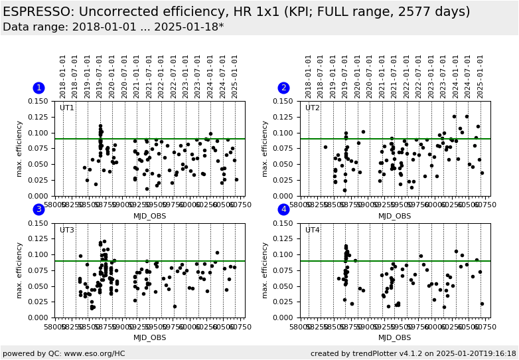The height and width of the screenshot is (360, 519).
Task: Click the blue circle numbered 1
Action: click(38, 88)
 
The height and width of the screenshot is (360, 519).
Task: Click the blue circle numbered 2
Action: click(283, 88)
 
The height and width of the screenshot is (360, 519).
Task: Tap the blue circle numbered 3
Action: click(38, 209)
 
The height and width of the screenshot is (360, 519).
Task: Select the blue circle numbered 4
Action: click(283, 209)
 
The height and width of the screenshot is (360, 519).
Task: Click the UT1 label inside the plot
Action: click(67, 108)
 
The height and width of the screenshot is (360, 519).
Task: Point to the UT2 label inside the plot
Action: click(312, 108)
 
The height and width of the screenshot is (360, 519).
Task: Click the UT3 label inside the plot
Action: click(67, 230)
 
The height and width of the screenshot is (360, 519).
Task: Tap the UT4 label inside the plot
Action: click(312, 230)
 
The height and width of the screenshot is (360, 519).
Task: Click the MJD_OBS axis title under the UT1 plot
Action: click(149, 216)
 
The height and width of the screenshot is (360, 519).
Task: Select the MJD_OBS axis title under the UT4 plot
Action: click(394, 337)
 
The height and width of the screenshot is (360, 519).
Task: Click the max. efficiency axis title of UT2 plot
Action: click(265, 148)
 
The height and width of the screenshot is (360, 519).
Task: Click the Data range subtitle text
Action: click(113, 27)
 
